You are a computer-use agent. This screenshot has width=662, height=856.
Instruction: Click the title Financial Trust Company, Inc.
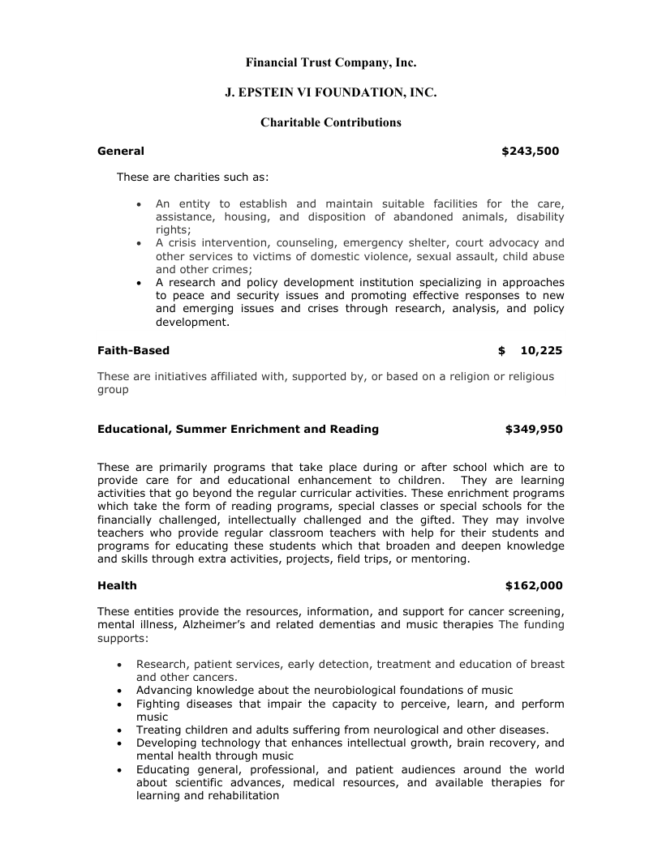(x=331, y=62)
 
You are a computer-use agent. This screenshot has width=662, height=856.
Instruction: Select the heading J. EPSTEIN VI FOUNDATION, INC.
(x=331, y=93)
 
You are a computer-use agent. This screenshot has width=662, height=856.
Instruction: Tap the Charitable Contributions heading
(x=331, y=123)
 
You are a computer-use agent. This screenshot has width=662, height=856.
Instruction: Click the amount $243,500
(x=531, y=151)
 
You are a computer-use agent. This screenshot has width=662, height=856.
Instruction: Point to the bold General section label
(x=121, y=151)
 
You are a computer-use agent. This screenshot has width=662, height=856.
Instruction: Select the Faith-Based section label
(x=134, y=351)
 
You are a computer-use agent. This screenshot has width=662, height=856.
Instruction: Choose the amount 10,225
(x=541, y=351)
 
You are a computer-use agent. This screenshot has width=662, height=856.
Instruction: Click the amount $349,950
(x=534, y=429)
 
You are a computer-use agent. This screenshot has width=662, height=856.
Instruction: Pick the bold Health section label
(x=117, y=585)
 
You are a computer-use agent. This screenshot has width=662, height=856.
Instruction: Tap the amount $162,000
(x=534, y=585)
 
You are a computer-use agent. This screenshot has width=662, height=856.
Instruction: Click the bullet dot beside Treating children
(x=120, y=730)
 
